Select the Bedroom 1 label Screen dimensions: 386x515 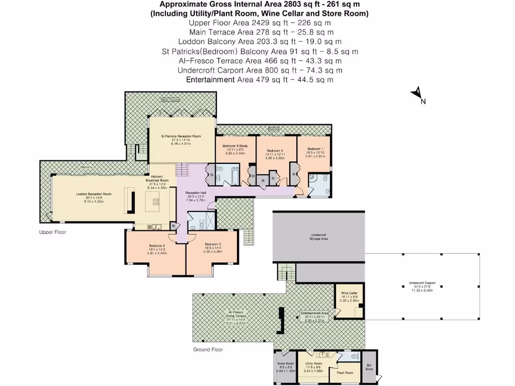point(315,149)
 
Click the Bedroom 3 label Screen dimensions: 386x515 point(213,244)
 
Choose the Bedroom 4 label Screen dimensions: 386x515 point(275,151)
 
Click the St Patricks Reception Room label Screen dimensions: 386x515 point(181,136)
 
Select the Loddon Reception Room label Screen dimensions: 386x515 point(94,194)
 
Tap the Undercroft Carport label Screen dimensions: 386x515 point(422,283)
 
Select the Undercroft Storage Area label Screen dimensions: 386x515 point(318,237)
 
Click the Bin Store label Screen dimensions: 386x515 point(369,367)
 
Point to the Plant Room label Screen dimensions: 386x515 point(345,372)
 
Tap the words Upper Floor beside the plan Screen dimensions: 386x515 point(53,232)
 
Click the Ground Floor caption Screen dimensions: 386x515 point(208,349)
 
